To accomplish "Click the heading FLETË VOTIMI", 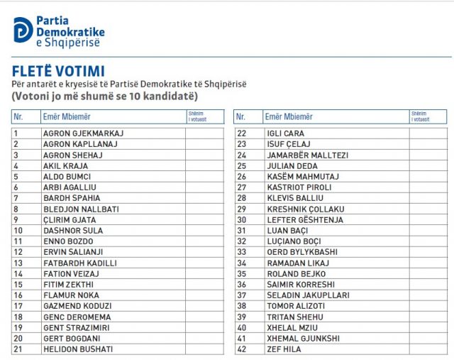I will pyautogui.click(x=59, y=71).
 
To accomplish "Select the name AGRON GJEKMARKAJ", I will pyautogui.click(x=83, y=133).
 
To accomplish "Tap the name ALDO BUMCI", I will pyautogui.click(x=69, y=176).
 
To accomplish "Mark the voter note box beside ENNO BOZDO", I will pyautogui.click(x=204, y=241).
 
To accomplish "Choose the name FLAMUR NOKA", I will pyautogui.click(x=72, y=295).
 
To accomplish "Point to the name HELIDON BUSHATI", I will pyautogui.click(x=77, y=349).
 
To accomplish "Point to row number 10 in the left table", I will pyautogui.click(x=18, y=231).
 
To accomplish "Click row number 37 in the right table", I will pyautogui.click(x=241, y=295).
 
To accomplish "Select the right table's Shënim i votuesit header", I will pyautogui.click(x=420, y=116).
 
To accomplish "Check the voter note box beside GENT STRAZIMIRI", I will pyautogui.click(x=204, y=328).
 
